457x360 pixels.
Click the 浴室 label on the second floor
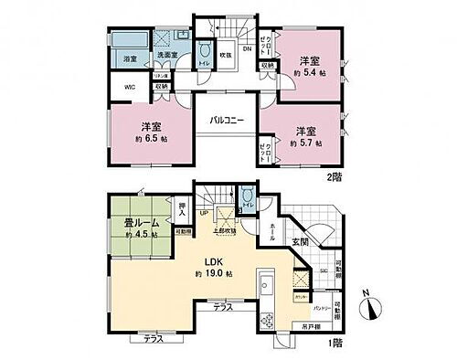[130, 59]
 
